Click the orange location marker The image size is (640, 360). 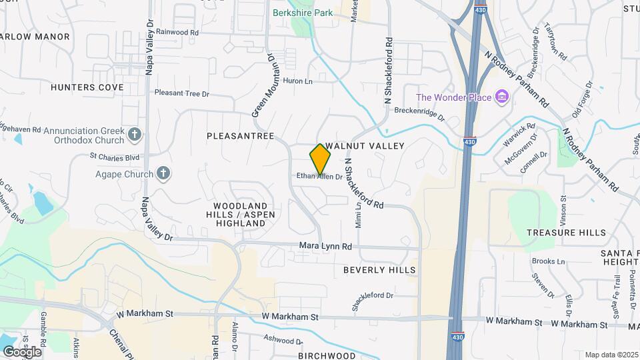click(321, 159)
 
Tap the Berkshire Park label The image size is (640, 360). click(301, 12)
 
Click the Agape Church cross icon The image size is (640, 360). click(163, 174)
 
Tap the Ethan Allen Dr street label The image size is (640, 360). click(319, 177)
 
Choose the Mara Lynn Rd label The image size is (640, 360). click(325, 247)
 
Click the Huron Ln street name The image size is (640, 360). click(298, 81)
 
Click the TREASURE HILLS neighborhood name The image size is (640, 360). click(566, 233)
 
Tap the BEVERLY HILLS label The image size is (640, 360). click(379, 270)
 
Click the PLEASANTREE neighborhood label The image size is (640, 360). click(240, 135)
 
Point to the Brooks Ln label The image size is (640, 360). click(548, 261)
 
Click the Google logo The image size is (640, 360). click(22, 351)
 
